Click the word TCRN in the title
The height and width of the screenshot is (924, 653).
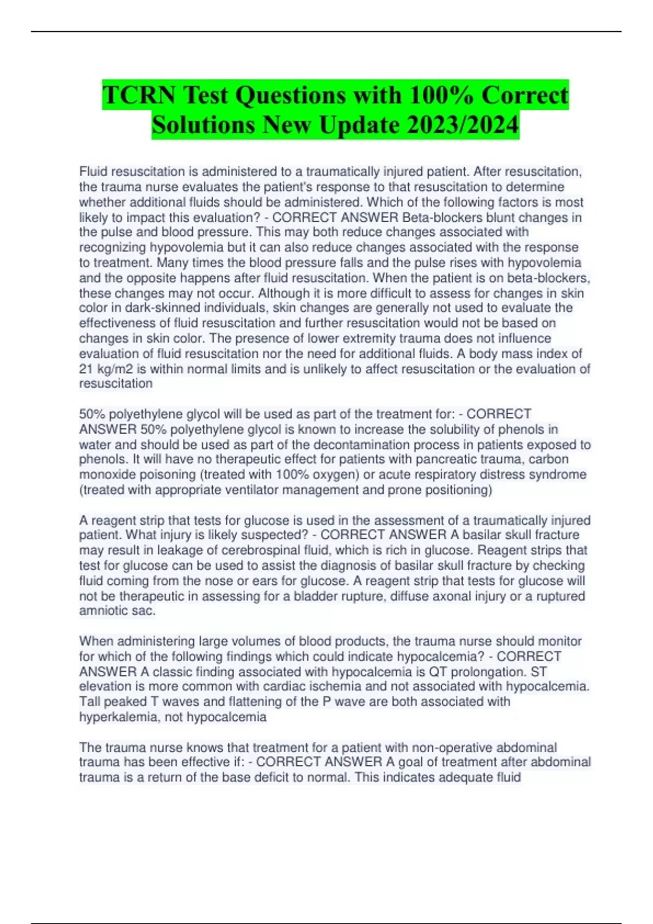[x=139, y=96]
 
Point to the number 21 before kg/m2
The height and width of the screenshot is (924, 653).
[x=86, y=369]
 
